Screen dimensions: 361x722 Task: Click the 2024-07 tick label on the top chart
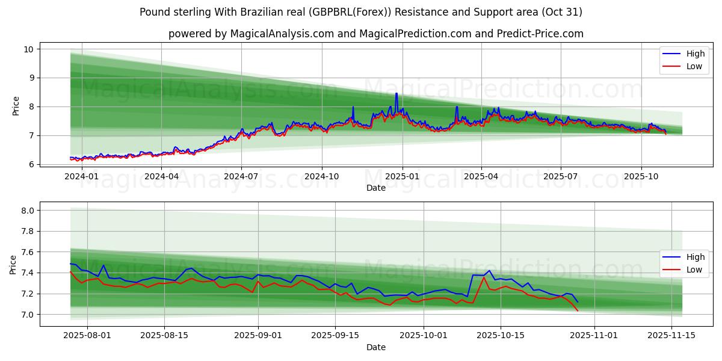pyautogui.click(x=241, y=176)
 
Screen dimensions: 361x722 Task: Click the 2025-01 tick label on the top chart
pyautogui.click(x=402, y=176)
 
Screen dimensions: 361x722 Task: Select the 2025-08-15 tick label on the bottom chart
pyautogui.click(x=164, y=336)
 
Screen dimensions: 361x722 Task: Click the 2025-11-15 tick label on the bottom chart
pyautogui.click(x=671, y=336)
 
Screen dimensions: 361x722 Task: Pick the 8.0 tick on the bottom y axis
pyautogui.click(x=28, y=211)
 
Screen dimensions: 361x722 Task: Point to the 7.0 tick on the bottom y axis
pyautogui.click(x=28, y=315)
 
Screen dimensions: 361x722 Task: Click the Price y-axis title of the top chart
pyautogui.click(x=16, y=106)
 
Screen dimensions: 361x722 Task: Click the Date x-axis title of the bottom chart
pyautogui.click(x=376, y=347)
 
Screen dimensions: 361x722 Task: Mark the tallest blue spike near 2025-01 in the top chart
pyautogui.click(x=396, y=93)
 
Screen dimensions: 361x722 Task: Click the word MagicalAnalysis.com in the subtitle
pyautogui.click(x=282, y=34)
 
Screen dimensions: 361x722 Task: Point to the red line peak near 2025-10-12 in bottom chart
pyautogui.click(x=484, y=277)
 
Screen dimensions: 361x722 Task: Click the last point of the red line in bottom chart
pyautogui.click(x=578, y=310)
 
